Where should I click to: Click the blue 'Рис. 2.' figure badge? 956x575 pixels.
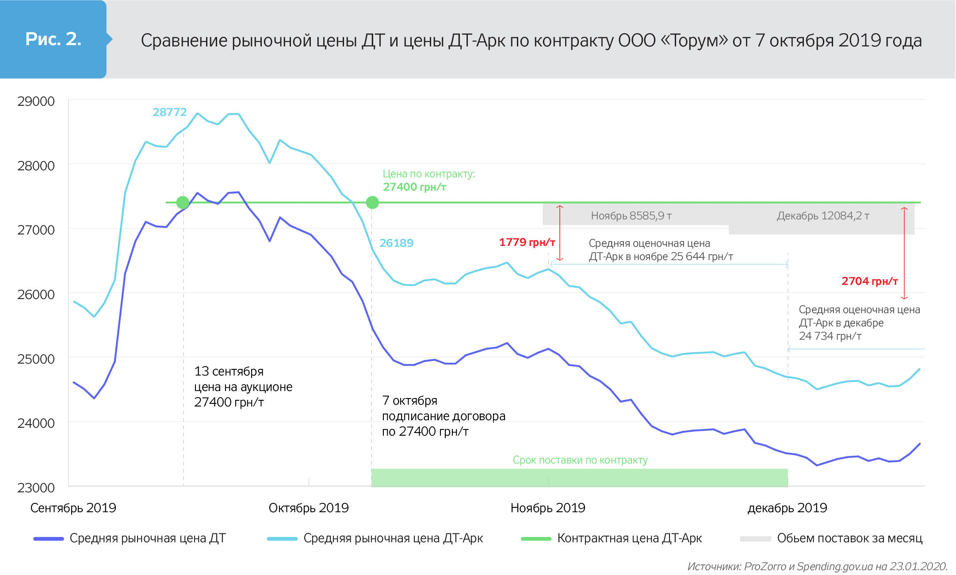[53, 39]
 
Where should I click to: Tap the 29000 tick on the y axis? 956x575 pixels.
[36, 101]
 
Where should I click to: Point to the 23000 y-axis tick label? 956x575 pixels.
[36, 487]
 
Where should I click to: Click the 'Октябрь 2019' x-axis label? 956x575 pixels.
[309, 508]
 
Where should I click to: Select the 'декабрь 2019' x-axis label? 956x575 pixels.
[787, 508]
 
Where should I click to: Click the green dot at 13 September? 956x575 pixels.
[183, 203]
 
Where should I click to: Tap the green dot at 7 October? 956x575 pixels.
[372, 203]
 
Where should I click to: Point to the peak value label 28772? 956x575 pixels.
[169, 112]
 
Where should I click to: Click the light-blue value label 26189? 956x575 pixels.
[396, 243]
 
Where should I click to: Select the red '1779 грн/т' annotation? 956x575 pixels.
[527, 242]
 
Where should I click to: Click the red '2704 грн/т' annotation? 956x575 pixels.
[869, 281]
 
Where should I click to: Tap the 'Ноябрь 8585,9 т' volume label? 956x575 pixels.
[631, 216]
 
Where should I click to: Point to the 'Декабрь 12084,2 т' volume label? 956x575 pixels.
[823, 216]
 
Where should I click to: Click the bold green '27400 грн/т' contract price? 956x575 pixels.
[414, 187]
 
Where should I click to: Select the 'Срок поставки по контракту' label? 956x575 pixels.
[580, 460]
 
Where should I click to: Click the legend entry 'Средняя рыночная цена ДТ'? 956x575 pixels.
[147, 538]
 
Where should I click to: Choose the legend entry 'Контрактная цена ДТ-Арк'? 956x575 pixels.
[629, 538]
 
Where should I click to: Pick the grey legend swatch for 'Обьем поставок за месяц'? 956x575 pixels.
[755, 539]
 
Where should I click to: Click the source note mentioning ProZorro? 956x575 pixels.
[817, 567]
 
